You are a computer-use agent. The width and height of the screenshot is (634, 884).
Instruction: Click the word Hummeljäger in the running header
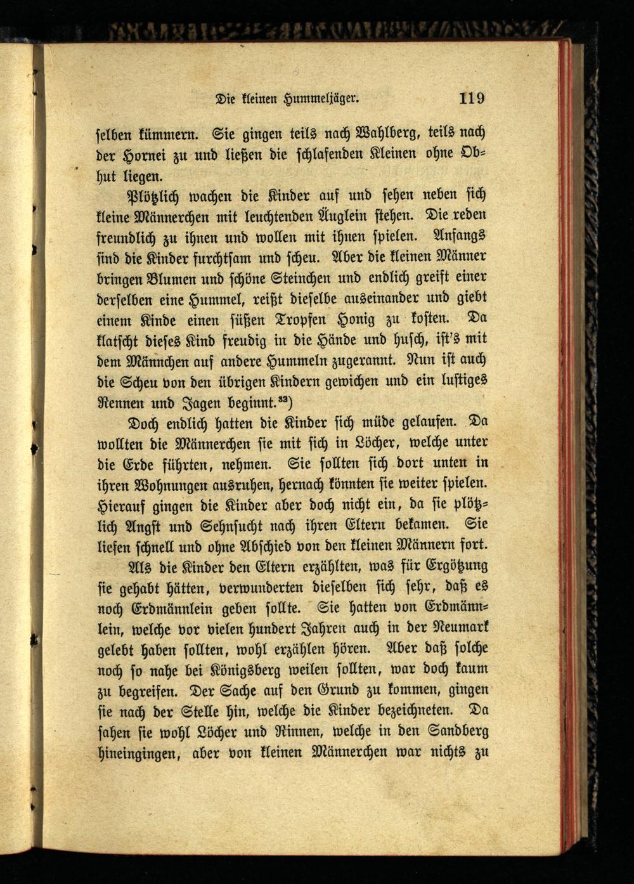(324, 99)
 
